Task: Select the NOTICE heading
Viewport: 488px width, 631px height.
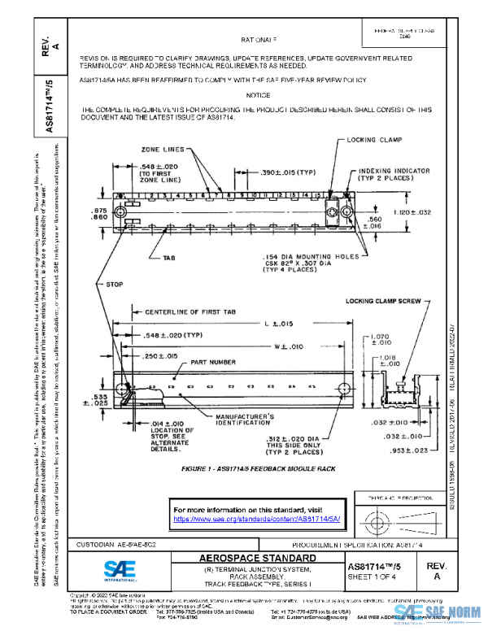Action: [x=258, y=95]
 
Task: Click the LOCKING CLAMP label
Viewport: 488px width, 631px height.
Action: [x=375, y=140]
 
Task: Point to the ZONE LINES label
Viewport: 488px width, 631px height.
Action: [x=161, y=150]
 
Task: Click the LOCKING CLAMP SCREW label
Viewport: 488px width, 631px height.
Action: [x=383, y=301]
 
